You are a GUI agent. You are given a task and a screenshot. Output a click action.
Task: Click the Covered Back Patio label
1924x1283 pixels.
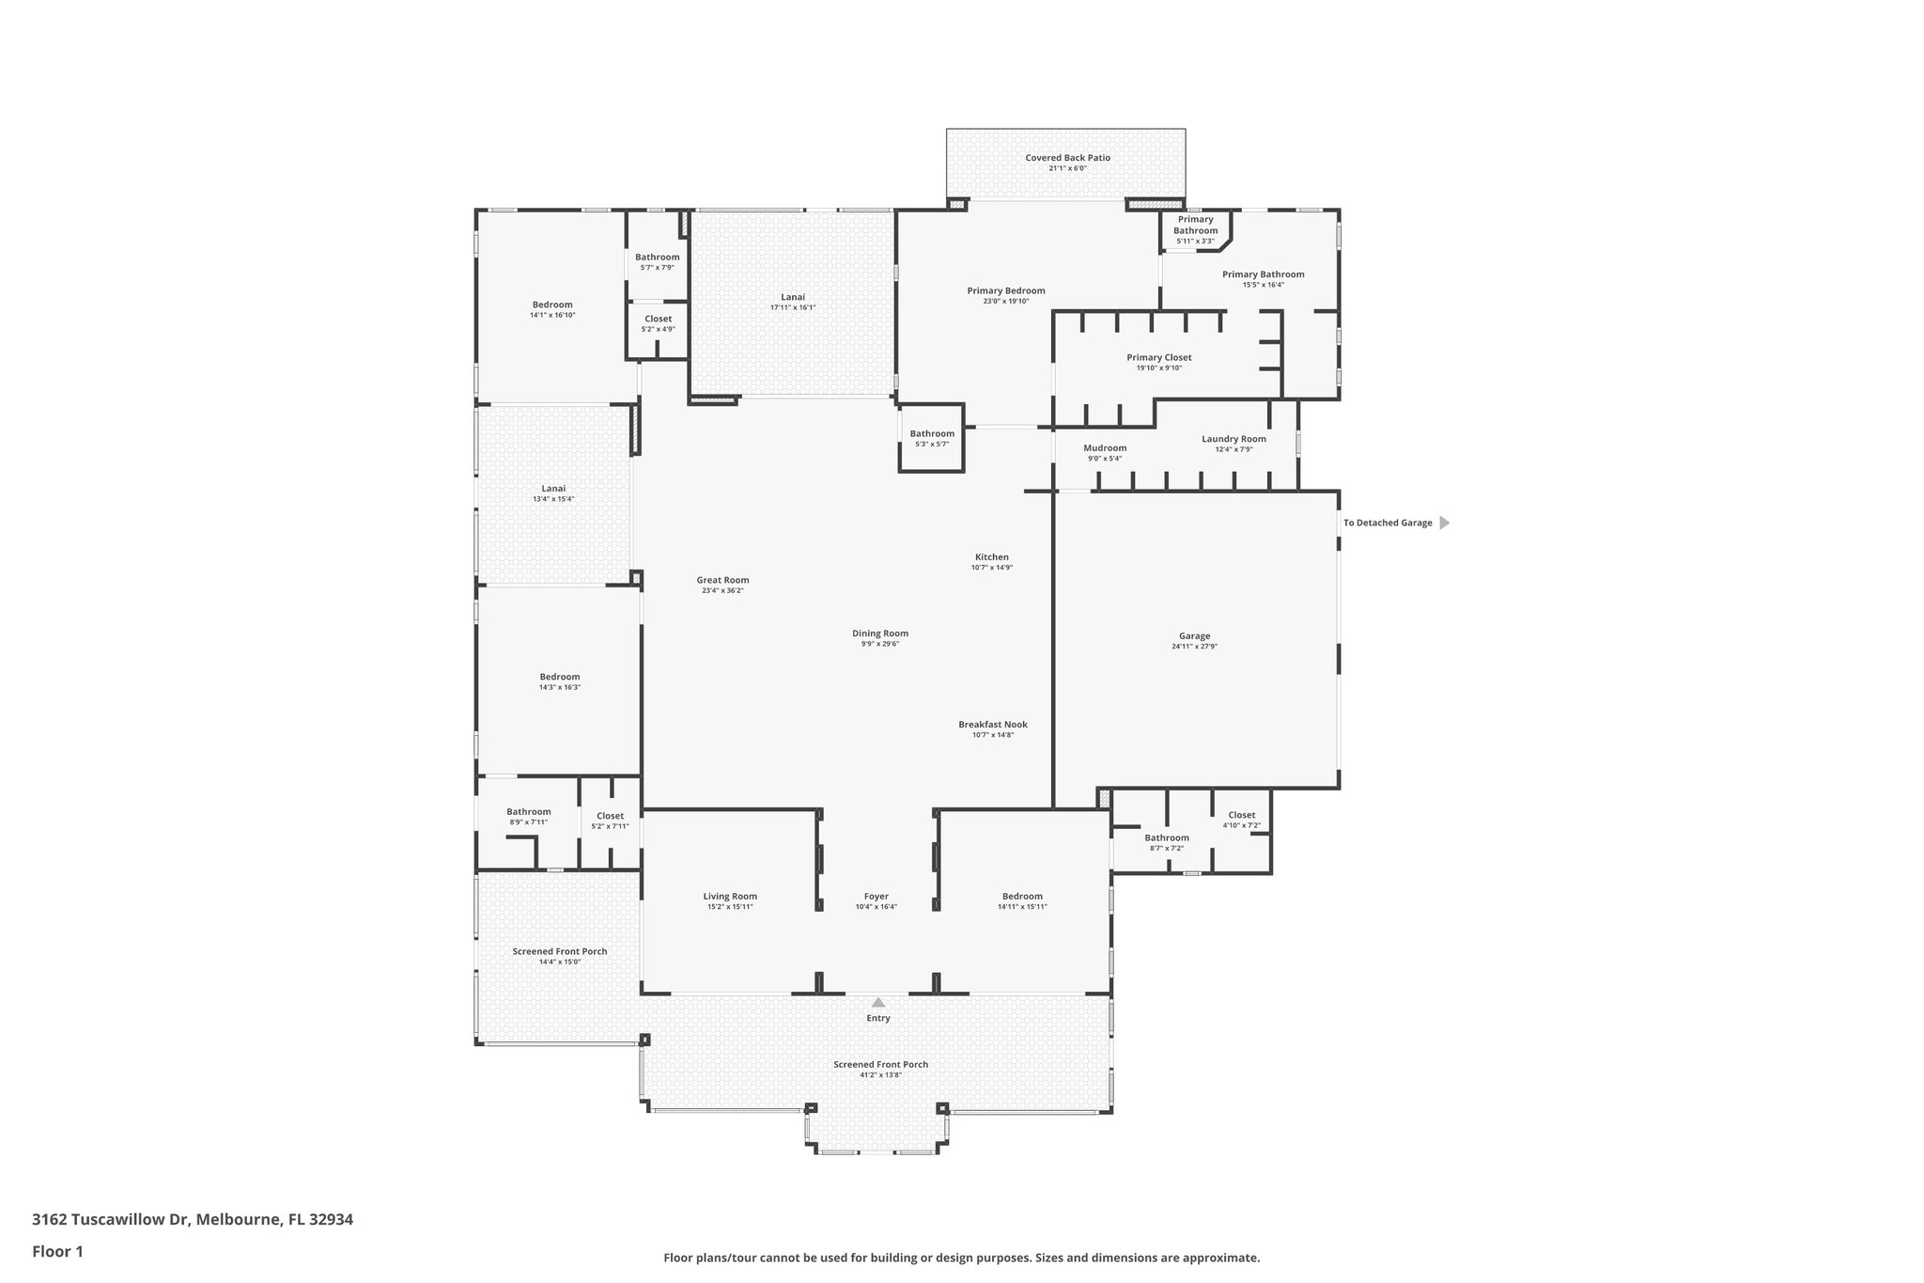tap(1067, 158)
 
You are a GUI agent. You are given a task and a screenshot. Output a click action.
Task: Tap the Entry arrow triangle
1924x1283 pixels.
tap(878, 1003)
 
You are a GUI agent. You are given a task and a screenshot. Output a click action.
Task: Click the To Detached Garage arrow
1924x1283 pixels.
tap(1444, 523)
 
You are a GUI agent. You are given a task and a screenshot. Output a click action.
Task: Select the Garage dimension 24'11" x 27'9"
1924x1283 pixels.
tap(1194, 647)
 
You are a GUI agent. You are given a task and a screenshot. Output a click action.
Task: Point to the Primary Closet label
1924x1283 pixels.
tap(1158, 357)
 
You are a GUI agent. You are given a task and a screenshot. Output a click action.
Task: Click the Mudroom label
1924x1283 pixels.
tap(1104, 448)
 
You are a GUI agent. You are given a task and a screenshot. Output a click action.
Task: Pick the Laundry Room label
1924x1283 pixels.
tap(1234, 439)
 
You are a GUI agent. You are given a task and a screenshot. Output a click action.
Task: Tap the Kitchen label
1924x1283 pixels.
tap(991, 557)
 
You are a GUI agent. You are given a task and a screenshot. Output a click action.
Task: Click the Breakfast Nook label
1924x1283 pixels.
tap(992, 725)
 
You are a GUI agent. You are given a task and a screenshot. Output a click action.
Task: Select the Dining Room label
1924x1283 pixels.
tap(879, 634)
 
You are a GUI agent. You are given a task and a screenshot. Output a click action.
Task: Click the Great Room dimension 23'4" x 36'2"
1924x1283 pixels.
tap(722, 590)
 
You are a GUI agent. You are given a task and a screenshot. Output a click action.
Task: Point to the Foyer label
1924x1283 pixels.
tap(876, 897)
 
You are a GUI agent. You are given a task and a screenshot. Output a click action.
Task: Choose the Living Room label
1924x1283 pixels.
tap(730, 897)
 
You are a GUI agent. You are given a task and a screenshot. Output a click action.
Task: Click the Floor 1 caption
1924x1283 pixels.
tap(58, 1252)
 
